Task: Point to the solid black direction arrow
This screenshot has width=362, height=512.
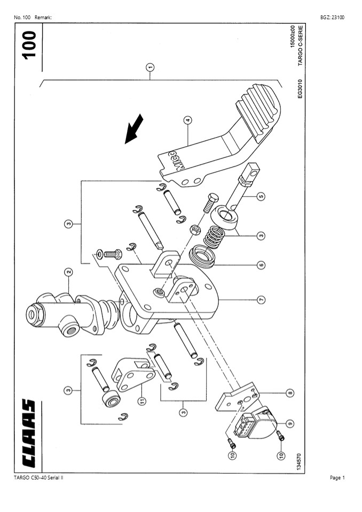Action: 133,129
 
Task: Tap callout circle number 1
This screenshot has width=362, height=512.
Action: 150,67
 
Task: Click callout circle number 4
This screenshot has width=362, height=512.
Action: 187,120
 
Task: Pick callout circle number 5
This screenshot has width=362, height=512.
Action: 261,196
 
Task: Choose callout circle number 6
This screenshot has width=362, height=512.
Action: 261,265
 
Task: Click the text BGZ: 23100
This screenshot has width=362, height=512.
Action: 332,18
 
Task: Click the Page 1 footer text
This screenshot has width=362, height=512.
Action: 337,478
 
